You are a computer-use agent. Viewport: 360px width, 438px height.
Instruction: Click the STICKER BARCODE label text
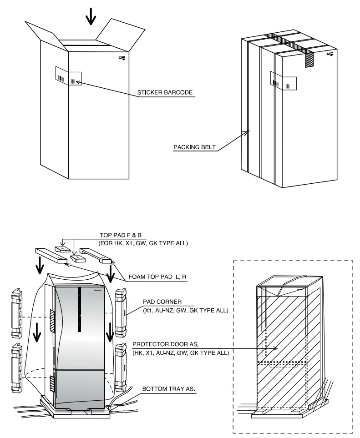(165, 92)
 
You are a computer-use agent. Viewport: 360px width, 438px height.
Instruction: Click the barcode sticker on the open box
(68, 76)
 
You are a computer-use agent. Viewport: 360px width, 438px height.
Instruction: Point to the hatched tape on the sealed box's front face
(309, 60)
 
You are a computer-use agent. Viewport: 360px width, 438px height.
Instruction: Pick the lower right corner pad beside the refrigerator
(121, 368)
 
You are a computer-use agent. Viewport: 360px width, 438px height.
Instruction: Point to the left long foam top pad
(49, 254)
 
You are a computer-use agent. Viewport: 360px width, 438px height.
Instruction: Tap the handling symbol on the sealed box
(330, 54)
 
